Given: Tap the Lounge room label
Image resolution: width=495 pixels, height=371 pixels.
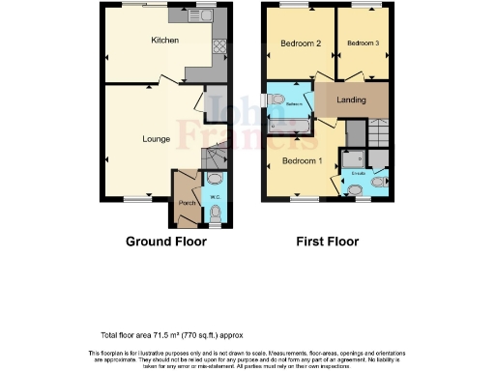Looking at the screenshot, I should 157,139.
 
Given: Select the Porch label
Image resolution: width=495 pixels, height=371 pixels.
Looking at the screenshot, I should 187,204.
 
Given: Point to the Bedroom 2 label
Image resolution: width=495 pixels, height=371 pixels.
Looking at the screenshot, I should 300,43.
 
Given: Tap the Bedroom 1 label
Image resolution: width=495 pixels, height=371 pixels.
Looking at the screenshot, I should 301,160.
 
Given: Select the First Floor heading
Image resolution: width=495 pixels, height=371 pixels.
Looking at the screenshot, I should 329,242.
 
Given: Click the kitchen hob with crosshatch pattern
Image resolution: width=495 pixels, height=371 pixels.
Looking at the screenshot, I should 219,45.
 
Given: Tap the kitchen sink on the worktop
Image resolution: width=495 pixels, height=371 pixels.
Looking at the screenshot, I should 184,16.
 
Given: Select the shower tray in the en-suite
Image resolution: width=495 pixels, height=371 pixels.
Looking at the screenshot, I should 352,159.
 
